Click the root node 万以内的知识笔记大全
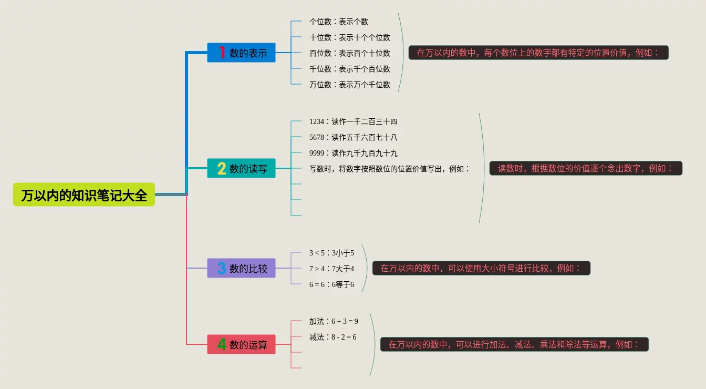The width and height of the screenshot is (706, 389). pos(84,195)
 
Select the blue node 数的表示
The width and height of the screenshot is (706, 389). pos(241,53)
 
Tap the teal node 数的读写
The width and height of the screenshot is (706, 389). pos(241,168)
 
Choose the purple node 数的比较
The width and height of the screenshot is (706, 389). pos(241,268)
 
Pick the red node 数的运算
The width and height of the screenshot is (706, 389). pos(241,344)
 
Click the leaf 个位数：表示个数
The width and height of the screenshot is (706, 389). pos(339,22)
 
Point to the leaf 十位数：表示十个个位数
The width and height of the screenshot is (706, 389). pos(350,37)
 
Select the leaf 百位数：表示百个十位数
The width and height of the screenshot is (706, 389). pos(350,53)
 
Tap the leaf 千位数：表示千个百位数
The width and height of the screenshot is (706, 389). pos(350,69)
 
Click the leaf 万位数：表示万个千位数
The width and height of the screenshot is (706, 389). pos(350,85)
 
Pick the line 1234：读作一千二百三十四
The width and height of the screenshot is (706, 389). pos(354,121)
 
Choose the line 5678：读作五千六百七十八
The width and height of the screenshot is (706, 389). pos(354,137)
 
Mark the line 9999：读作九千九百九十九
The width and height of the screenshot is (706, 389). pos(354,153)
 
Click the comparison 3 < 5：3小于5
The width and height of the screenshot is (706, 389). pos(331,253)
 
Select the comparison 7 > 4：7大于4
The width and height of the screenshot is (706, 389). pos(331,269)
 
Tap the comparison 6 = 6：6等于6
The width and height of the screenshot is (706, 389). pos(331,284)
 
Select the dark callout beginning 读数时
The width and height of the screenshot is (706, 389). pos(586,168)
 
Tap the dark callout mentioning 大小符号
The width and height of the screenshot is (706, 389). pos(481,268)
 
